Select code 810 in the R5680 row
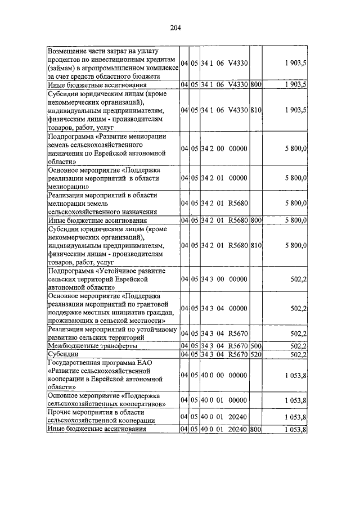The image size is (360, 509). point(256,245)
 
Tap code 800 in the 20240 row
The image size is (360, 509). point(256,429)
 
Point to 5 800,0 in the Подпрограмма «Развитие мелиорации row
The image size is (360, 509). point(295,148)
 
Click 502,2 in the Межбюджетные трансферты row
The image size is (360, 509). point(298,345)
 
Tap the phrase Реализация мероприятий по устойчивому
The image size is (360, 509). point(113,329)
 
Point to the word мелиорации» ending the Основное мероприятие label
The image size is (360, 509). point(67,186)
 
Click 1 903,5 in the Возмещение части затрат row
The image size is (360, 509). point(295,64)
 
